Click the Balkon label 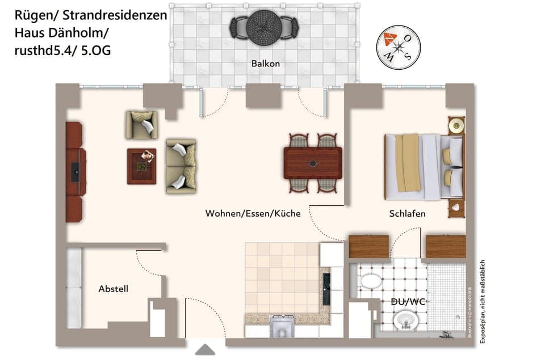point(266,64)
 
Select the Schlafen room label point(407,214)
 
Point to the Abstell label point(114,289)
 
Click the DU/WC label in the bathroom point(409,302)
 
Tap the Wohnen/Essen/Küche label point(253,214)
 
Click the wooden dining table point(313,163)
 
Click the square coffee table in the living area point(142,166)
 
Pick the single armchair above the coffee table point(141,125)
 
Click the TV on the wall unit point(75,172)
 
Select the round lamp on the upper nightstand point(455,124)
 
